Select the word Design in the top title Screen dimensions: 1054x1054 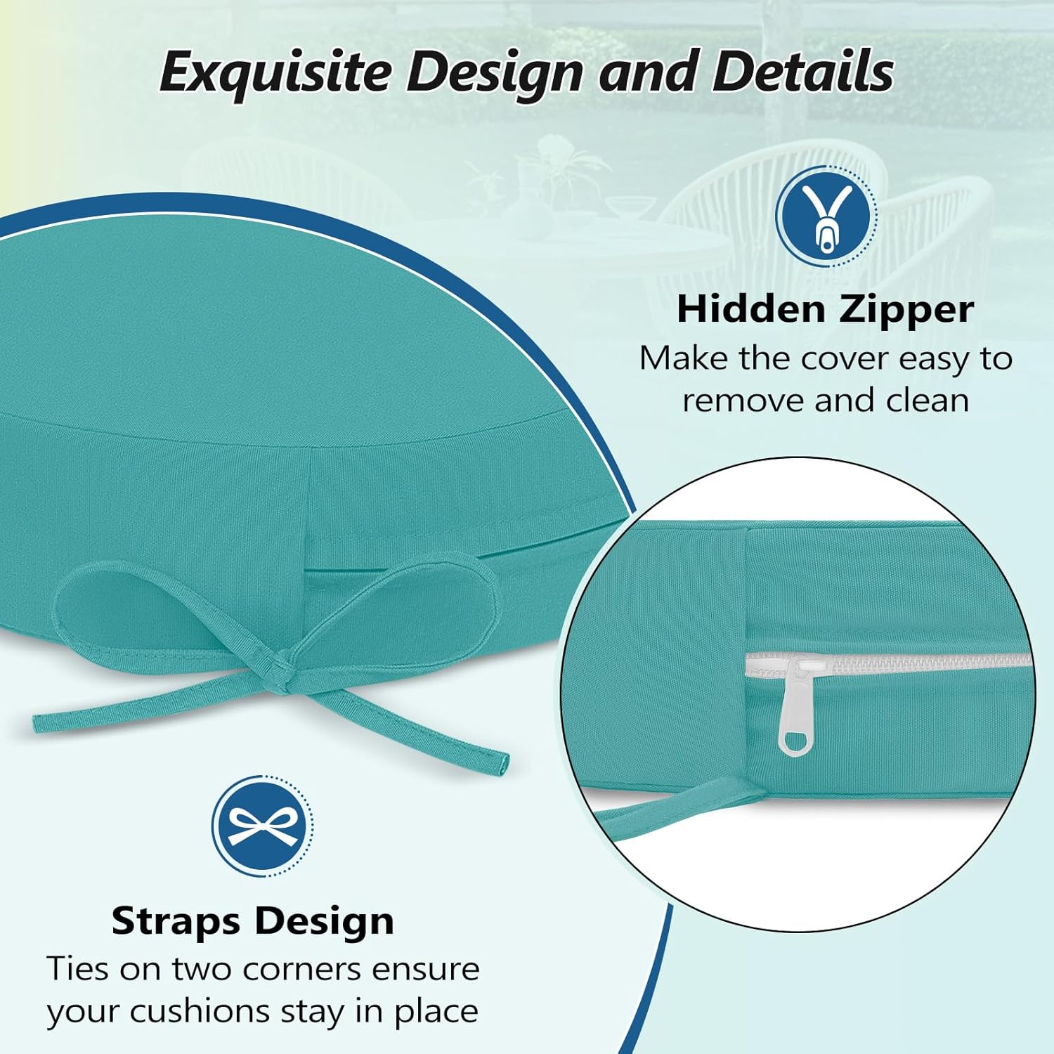click(495, 72)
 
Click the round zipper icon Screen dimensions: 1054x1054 click(826, 216)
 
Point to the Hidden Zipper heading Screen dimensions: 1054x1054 click(826, 309)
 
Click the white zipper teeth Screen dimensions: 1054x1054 click(913, 662)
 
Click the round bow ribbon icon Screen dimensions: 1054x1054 click(262, 826)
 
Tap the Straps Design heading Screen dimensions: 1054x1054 click(253, 920)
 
